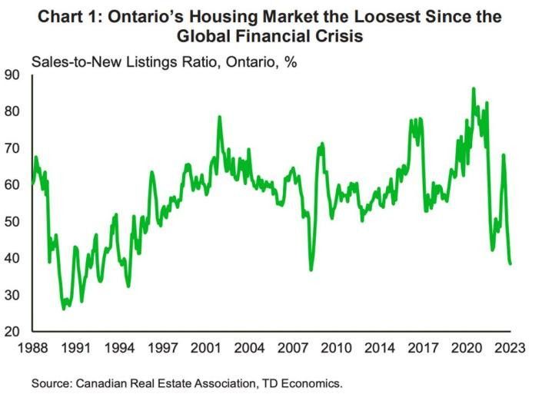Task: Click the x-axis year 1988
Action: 32,348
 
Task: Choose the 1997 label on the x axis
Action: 165,348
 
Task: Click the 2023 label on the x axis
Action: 507,348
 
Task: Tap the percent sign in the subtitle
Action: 291,61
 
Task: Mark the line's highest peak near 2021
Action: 473,88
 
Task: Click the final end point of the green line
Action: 510,263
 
